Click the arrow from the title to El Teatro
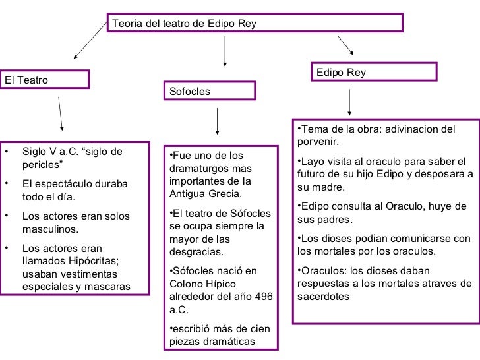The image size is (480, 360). pos(90,40)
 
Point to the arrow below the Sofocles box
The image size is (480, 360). pos(218,121)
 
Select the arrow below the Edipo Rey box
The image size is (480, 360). pos(349,102)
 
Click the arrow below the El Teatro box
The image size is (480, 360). pos(60,114)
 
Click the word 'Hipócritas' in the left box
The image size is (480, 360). pos(94,261)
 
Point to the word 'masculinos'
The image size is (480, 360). pos(50,229)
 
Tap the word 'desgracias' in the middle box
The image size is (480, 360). pos(196,252)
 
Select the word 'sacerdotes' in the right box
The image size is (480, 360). pos(323,296)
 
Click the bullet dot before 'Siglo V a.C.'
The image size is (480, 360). pos(7,151)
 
